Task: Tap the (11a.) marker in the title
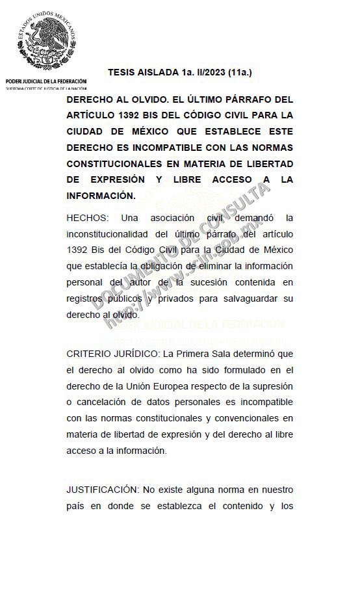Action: pos(238,72)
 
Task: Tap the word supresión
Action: pos(271,386)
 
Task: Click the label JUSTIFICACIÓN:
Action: pos(100,490)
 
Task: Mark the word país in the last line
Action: pos(76,505)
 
